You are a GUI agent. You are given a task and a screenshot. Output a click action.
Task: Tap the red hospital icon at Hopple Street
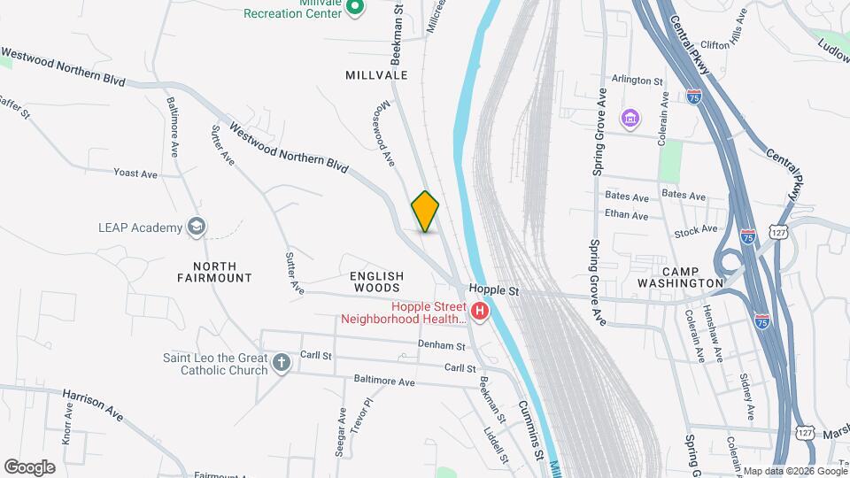point(480,311)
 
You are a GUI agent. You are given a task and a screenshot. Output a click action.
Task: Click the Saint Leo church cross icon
point(281,362)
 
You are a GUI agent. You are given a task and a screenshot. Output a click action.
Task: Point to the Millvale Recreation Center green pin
point(354,8)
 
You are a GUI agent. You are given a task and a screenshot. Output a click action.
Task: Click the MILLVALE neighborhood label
point(376,75)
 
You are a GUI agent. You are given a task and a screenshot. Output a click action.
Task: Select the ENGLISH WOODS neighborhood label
point(376,281)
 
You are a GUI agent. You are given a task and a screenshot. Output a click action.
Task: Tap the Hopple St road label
point(492,289)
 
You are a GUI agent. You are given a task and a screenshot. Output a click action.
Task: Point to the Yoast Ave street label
point(135,173)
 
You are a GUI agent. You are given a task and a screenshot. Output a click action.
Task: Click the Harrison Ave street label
point(92,403)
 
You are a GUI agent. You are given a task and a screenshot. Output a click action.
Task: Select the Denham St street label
point(442,345)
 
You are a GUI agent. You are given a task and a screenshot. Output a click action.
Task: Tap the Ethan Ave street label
point(627,214)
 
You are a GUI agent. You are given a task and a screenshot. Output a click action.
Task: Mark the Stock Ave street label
point(695,230)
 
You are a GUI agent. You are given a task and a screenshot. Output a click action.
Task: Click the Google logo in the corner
point(29,467)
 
